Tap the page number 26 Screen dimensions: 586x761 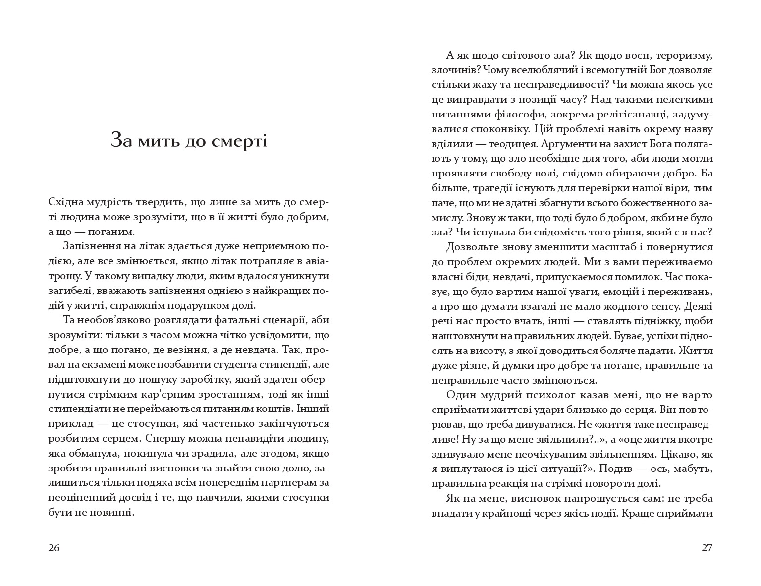click(54, 548)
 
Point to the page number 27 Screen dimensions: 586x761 click(707, 548)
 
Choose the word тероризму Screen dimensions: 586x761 click(684, 56)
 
